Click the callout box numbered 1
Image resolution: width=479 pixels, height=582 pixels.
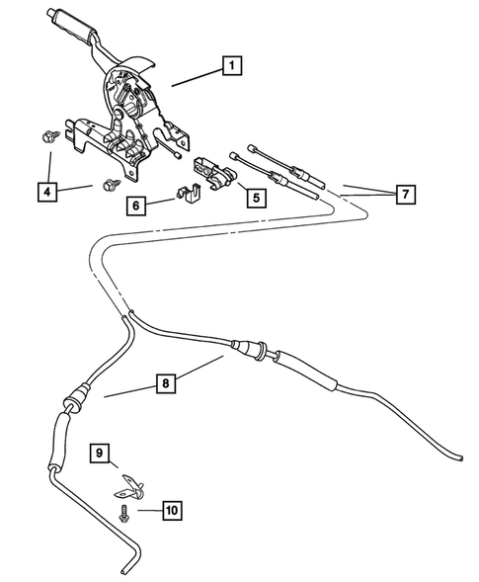click(x=233, y=66)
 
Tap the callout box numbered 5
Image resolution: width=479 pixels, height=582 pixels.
click(x=255, y=197)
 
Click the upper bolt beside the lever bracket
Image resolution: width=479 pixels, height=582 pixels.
click(x=48, y=136)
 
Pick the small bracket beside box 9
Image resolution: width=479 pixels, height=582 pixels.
click(x=128, y=485)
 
